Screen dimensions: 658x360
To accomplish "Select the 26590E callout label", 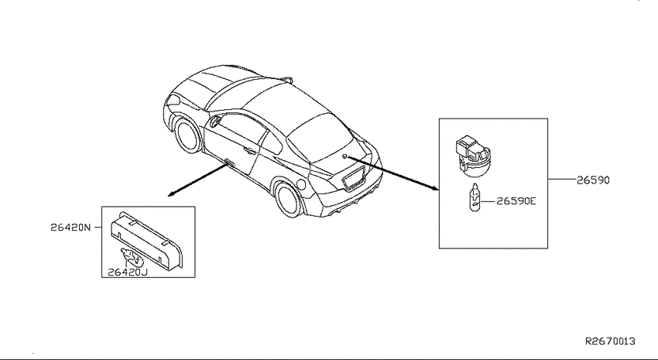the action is click(x=516, y=201).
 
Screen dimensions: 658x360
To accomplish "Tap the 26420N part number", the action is click(x=70, y=228).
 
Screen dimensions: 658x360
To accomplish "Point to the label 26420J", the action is click(x=128, y=273).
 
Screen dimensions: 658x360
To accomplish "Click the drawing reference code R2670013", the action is click(x=611, y=341).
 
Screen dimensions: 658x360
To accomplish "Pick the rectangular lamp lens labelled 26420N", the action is click(x=146, y=238).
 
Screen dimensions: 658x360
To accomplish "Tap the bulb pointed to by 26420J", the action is click(x=132, y=257).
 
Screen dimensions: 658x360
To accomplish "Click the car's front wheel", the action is click(x=188, y=135).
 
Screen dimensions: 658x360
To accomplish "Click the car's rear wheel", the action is click(x=290, y=197).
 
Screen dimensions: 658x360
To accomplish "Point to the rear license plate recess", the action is click(x=353, y=178).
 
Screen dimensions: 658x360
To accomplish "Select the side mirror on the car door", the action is click(x=215, y=121).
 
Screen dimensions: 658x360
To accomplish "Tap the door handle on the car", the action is click(x=250, y=149).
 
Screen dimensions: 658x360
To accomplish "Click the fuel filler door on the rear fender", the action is click(x=300, y=183).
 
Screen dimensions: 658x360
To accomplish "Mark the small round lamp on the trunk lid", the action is click(x=344, y=157).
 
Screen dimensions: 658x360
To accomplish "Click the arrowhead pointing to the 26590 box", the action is click(x=435, y=188).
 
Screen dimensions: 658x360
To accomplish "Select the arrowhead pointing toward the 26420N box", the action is click(x=171, y=194).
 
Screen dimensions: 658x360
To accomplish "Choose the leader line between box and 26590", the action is click(x=561, y=179).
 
